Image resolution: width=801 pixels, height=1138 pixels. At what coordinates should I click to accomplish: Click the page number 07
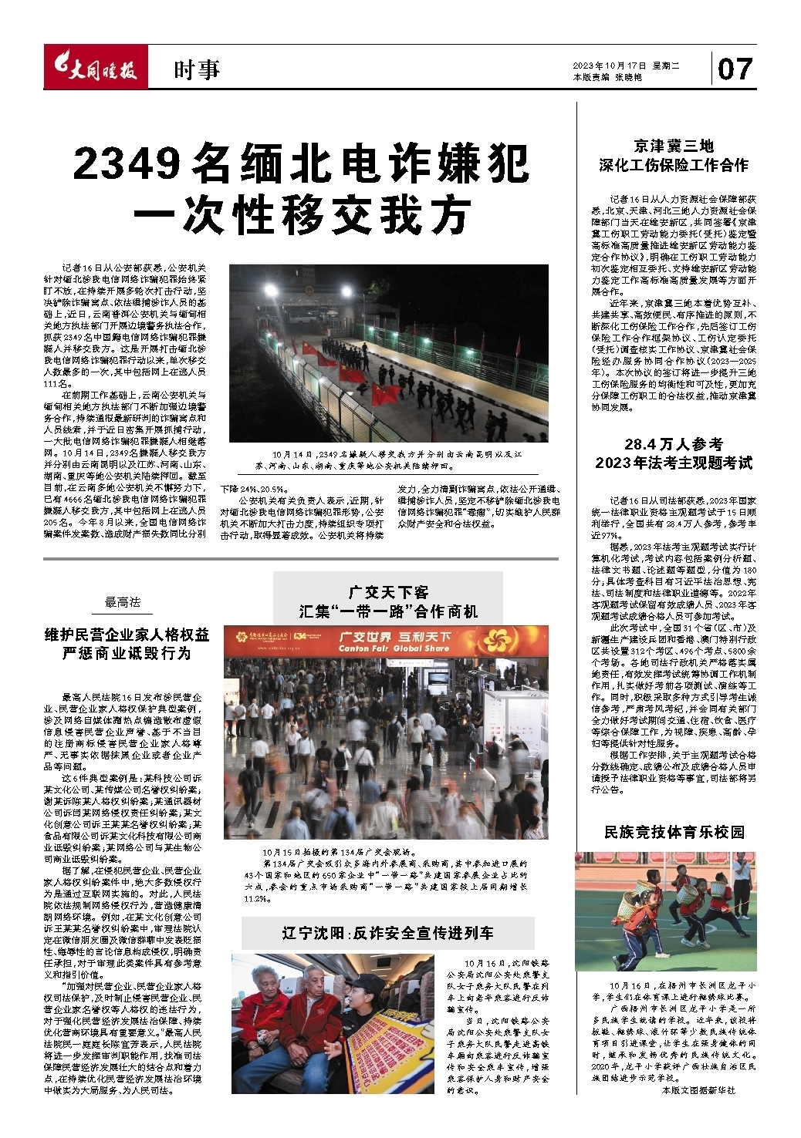[734, 69]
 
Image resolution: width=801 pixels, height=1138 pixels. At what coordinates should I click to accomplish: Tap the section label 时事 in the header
[197, 70]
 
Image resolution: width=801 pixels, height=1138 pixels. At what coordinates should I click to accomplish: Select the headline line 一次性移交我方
[302, 214]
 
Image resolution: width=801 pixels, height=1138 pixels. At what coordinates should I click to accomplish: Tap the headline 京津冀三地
[673, 146]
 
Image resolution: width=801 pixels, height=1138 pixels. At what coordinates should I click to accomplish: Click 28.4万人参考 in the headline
[673, 444]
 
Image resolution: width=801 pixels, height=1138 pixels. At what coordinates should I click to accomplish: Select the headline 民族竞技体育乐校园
[674, 832]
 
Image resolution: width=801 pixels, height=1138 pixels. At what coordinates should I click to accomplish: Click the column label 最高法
[123, 602]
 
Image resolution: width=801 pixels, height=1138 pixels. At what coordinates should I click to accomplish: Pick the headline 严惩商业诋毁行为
[127, 653]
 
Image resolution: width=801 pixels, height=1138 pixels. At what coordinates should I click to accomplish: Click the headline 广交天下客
[388, 592]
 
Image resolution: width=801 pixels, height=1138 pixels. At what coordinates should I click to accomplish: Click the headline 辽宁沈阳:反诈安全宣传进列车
[387, 933]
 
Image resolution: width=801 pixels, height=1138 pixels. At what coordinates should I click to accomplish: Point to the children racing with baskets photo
[665, 907]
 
